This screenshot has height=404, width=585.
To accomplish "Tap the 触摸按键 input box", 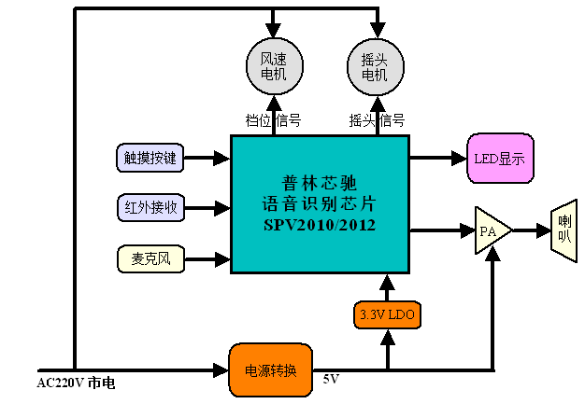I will point(149,158).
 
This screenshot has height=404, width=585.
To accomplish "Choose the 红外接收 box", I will point(149,207).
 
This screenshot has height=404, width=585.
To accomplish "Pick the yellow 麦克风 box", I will point(149,257).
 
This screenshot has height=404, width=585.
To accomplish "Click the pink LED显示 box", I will point(499,158).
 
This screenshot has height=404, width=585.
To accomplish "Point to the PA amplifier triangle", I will point(490,229).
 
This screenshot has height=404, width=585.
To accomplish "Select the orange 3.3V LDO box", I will point(388,315).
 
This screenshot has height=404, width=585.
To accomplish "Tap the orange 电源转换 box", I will point(270,369).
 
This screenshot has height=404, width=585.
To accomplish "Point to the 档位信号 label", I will point(273,120).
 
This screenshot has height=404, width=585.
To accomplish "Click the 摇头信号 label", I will point(377,120).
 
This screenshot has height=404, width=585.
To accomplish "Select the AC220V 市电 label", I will point(77,383).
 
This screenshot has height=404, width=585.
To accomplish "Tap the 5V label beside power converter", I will point(332,381).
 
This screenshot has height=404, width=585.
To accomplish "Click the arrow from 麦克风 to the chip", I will point(206,257).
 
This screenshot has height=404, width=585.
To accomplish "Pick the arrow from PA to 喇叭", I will point(532,229).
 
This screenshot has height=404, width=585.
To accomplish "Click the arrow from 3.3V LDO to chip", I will point(388,287).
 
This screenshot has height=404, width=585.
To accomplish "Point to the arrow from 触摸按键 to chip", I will point(206,158).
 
